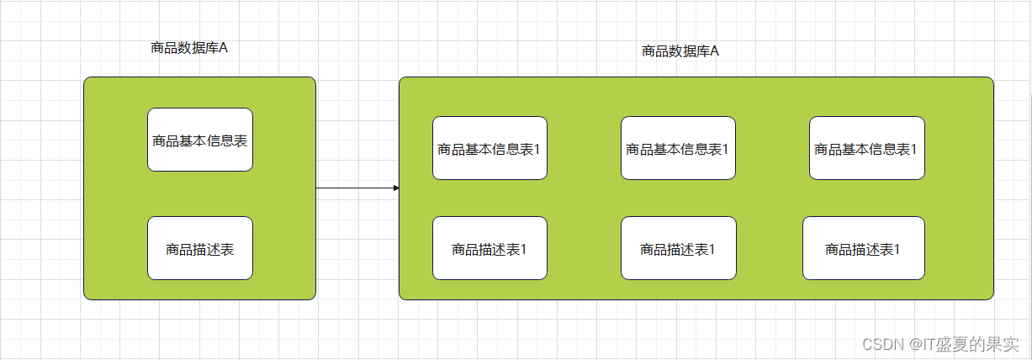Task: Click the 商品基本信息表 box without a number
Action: tap(200, 140)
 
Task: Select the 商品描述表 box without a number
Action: tap(200, 248)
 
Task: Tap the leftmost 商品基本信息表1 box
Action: tap(490, 148)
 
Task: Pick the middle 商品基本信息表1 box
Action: tap(678, 148)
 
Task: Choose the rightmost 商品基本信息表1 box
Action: tap(866, 148)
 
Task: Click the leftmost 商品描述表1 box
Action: tap(490, 248)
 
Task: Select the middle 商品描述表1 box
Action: tap(678, 248)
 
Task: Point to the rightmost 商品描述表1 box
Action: tap(863, 248)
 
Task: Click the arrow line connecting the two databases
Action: tap(353, 188)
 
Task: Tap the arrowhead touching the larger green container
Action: tap(395, 188)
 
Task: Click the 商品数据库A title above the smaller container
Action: tap(189, 48)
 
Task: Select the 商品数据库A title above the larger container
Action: tap(680, 51)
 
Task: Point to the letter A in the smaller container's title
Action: tap(224, 48)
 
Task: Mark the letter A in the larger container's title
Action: tap(715, 51)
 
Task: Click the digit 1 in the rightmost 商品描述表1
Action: tap(897, 249)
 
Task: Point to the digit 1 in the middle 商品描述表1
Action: tap(712, 249)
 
